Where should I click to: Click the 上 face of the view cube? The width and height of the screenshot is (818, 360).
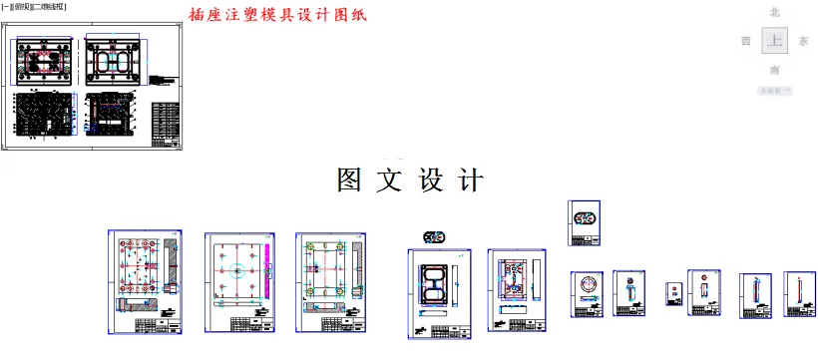coord(774,41)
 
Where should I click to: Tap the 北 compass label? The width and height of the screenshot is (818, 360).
coord(774,12)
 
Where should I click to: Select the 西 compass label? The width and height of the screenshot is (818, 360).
coord(745,42)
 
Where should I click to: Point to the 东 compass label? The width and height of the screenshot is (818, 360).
coord(803,42)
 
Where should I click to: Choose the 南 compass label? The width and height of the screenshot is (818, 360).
coord(774,70)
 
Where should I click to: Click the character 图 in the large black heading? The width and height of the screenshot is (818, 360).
coord(350,180)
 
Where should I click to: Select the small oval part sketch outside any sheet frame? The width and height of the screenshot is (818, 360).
coord(435,237)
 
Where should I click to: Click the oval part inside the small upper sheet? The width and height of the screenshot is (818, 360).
coord(584,218)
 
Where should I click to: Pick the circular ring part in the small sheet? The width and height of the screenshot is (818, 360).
coord(587,288)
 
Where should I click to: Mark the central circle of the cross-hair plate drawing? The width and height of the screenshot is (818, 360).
coord(236,271)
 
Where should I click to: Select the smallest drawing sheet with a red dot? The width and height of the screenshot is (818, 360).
coord(673,294)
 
